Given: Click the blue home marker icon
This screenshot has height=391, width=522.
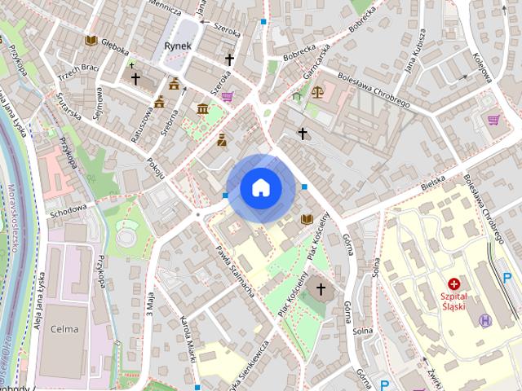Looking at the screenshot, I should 260,188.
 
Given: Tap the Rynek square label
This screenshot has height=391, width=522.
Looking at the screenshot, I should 177,46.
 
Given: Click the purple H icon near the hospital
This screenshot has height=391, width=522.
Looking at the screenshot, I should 486,320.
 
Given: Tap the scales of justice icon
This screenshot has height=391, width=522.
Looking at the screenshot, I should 316,91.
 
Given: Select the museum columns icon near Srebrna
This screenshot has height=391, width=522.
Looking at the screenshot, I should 202,109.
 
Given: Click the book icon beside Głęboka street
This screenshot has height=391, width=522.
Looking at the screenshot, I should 91,40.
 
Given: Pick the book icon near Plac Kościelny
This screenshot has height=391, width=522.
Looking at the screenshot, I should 307,219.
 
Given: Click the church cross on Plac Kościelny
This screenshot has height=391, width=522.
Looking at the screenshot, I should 321,288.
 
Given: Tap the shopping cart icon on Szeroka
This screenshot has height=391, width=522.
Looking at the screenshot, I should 227,96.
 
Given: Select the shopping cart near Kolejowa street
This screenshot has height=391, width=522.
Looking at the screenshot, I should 493,120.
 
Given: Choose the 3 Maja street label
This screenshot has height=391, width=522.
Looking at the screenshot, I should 150,304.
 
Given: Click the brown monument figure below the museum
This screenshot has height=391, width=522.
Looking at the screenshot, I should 221,140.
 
